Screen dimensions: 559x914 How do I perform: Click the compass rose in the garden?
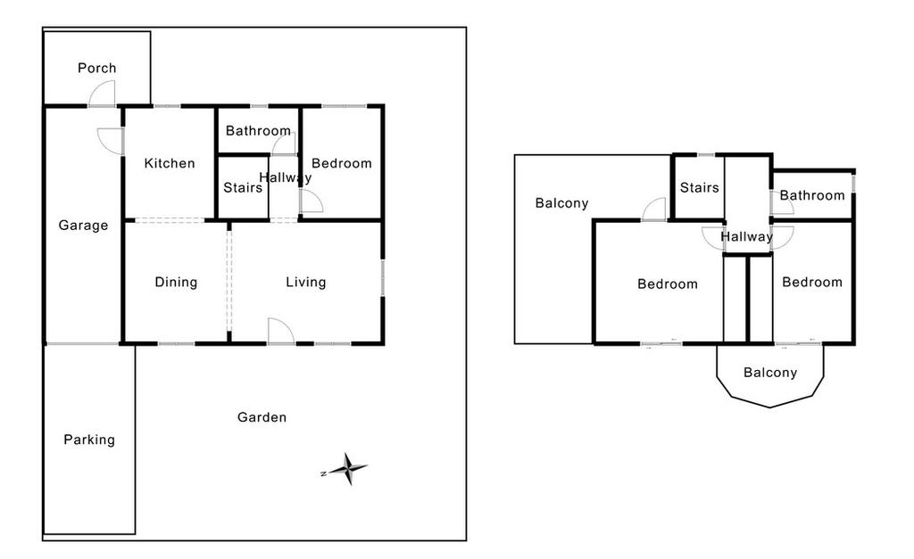click(348, 468)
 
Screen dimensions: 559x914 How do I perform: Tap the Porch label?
click(96, 68)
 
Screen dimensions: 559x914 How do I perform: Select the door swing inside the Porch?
click(103, 94)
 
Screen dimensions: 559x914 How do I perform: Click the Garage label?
click(83, 226)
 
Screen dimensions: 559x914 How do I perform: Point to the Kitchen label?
click(170, 163)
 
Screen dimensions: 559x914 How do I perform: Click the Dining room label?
click(176, 283)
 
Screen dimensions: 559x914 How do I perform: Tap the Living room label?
click(305, 283)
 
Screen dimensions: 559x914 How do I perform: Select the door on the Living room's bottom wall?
click(280, 332)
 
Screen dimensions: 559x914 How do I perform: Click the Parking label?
click(89, 440)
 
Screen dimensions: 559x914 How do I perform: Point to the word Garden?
click(262, 417)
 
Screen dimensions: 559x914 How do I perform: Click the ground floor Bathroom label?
click(258, 131)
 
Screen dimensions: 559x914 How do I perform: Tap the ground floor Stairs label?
click(243, 188)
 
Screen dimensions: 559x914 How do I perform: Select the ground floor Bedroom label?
click(342, 163)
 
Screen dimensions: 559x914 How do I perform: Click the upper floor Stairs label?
click(699, 188)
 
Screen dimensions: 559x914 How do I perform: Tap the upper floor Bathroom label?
click(812, 195)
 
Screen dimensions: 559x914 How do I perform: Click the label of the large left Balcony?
click(561, 203)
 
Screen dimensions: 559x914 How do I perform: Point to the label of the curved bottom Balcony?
click(769, 373)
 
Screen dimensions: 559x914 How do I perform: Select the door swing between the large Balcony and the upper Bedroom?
click(655, 210)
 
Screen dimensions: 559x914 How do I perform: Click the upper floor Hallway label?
click(746, 237)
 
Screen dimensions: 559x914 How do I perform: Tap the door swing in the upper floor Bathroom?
click(782, 204)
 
